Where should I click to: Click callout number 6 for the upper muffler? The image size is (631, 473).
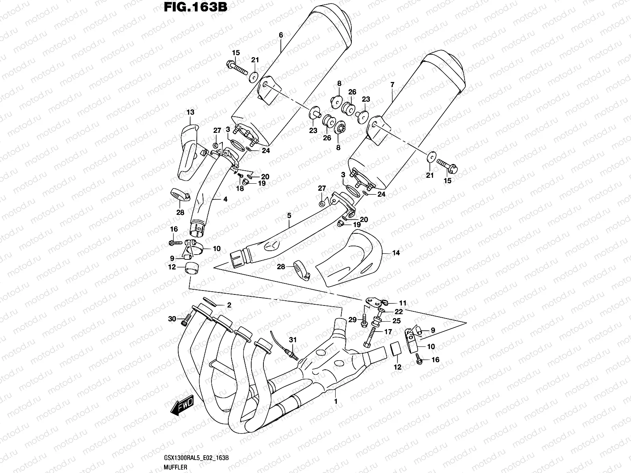pos(281,35)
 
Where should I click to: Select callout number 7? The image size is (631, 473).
pos(392,85)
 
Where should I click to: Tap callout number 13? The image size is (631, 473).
pos(190,113)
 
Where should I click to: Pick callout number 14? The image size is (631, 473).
pos(396,253)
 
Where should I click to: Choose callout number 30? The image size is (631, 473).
pos(172,318)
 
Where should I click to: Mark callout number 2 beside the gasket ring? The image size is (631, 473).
pos(228,305)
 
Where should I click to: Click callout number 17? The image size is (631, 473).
pos(388,332)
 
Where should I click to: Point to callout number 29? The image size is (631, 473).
pos(352,319)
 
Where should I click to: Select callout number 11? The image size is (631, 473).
pos(402,303)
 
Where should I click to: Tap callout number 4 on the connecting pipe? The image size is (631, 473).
pos(225,199)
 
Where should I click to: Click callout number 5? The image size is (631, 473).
pos(289,216)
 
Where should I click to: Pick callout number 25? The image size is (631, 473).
pos(396,320)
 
